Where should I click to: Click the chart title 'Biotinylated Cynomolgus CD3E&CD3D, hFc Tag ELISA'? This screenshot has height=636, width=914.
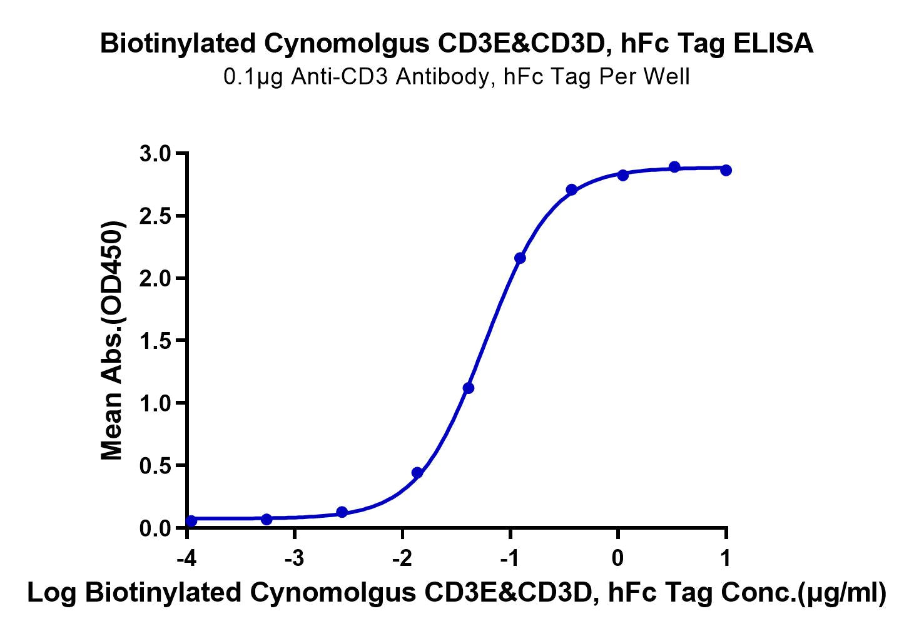[x=457, y=44]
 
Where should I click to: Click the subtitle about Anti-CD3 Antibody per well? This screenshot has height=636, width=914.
[x=457, y=77]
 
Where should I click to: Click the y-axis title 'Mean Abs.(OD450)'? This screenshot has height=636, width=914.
[x=113, y=341]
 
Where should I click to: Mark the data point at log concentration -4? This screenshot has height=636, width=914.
[x=191, y=521]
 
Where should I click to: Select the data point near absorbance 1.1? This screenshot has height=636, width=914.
[x=469, y=388]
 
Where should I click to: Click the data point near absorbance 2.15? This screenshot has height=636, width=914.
[x=520, y=258]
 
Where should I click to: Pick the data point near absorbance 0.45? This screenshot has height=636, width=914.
[x=417, y=473]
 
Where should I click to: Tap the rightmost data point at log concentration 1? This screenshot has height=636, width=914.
[x=726, y=170]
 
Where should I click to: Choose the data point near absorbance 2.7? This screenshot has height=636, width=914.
[x=571, y=189]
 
